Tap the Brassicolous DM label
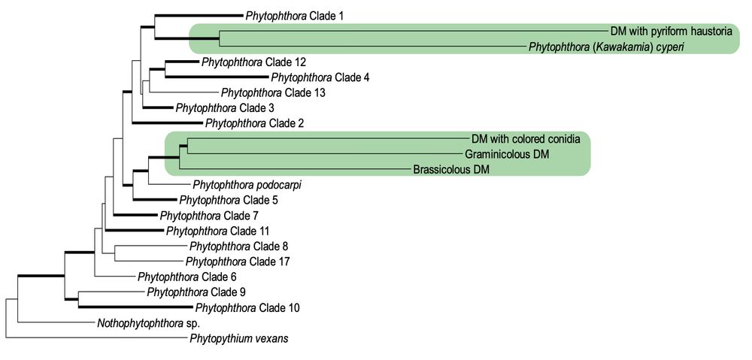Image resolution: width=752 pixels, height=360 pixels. coord(451,170)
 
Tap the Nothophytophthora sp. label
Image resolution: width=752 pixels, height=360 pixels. coord(143,323)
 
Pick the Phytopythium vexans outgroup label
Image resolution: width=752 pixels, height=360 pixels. coord(239,339)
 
